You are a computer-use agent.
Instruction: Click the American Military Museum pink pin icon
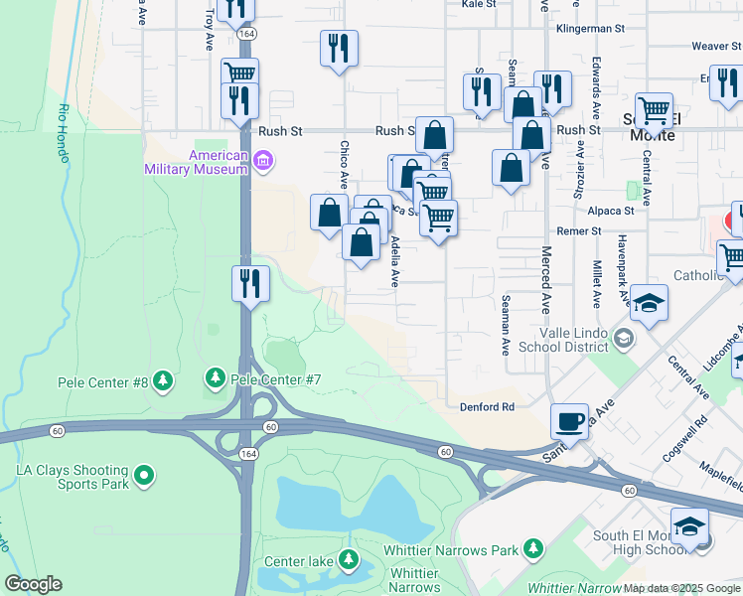point(263,160)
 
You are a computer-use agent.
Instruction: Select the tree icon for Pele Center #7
point(215,377)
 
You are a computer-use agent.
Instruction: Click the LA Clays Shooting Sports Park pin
point(145,477)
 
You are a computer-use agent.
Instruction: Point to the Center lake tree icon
point(349,560)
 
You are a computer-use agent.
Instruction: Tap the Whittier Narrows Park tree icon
point(533,548)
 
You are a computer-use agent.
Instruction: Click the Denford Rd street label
point(487,407)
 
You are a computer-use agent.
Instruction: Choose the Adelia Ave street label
point(394,261)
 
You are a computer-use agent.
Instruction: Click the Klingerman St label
point(595,31)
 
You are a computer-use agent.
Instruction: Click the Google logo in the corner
point(33,584)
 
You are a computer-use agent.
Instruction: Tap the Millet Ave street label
point(597,284)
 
